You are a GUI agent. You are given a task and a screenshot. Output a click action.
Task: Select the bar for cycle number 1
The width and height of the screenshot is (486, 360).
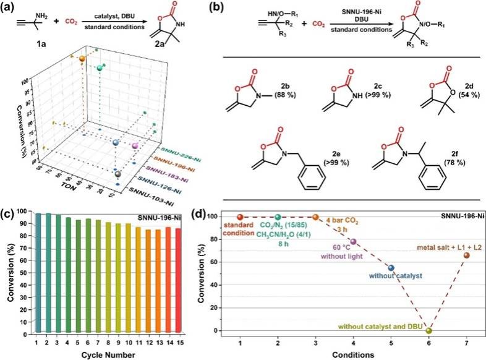tap(37, 272)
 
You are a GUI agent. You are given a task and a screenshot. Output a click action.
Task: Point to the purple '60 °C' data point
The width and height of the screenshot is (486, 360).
tap(353, 242)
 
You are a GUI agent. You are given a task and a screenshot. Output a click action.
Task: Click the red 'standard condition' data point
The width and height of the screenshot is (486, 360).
tap(240, 217)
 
